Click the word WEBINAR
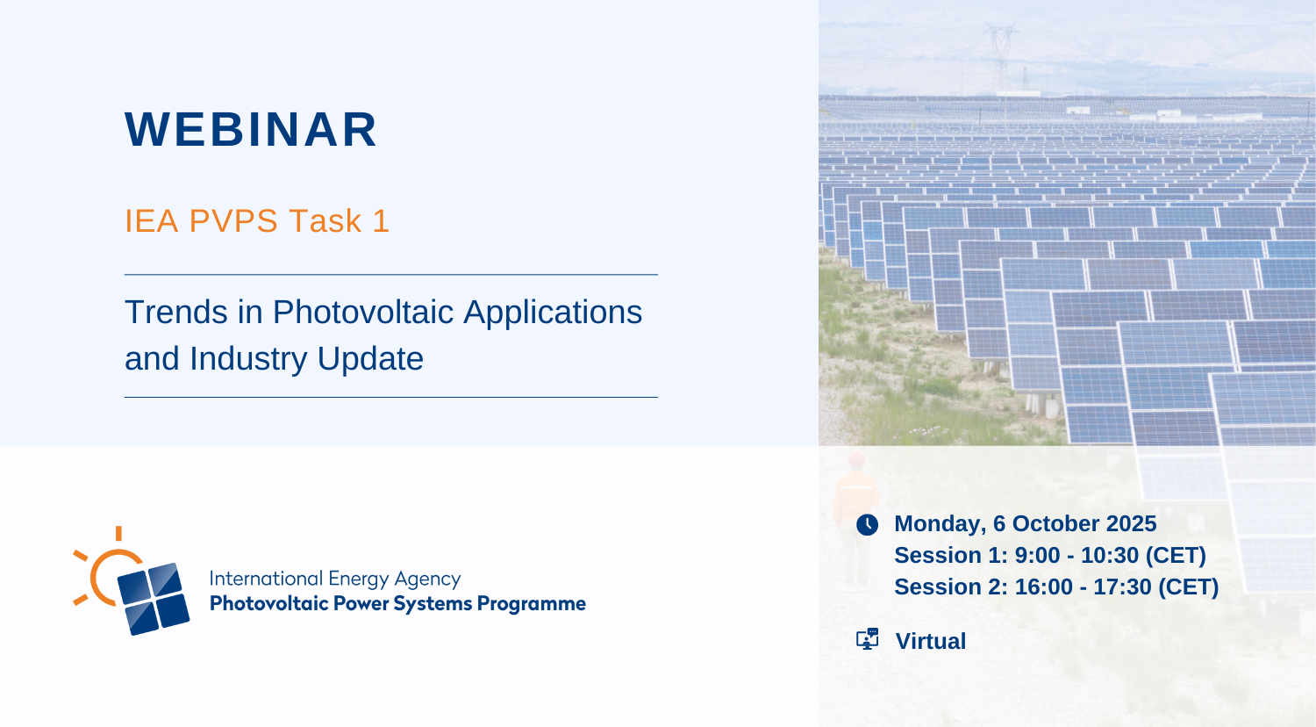click(251, 129)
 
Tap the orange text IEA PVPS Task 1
click(257, 221)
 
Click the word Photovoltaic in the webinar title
click(363, 313)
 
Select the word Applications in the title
click(553, 313)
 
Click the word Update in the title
click(370, 359)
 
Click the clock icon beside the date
click(867, 524)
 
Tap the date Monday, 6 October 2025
click(1026, 523)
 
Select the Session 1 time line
click(1050, 555)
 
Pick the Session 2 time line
click(1056, 587)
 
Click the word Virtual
click(931, 641)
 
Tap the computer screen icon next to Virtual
click(867, 639)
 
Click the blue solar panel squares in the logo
click(154, 599)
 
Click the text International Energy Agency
click(335, 579)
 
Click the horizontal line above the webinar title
click(391, 275)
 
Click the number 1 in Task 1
click(382, 221)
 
